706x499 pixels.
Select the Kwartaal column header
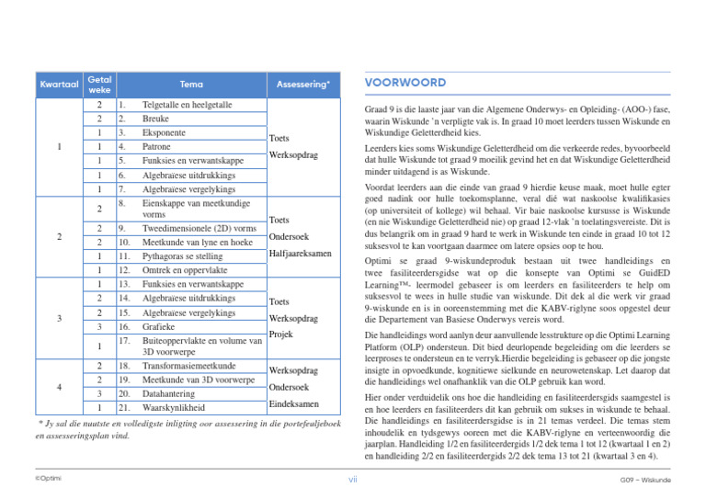click(56, 85)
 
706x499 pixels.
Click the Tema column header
click(191, 85)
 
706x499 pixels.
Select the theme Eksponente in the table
click(167, 133)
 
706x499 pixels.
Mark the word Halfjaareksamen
click(302, 254)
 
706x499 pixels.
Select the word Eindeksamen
click(294, 404)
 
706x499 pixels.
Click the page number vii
click(353, 479)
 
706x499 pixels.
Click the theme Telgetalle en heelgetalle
click(187, 106)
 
